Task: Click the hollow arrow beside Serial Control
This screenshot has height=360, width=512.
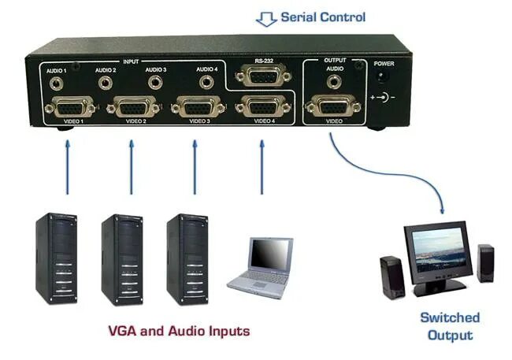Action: (267, 19)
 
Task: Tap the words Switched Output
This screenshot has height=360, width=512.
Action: (450, 326)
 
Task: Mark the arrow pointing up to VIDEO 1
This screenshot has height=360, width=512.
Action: (68, 165)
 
